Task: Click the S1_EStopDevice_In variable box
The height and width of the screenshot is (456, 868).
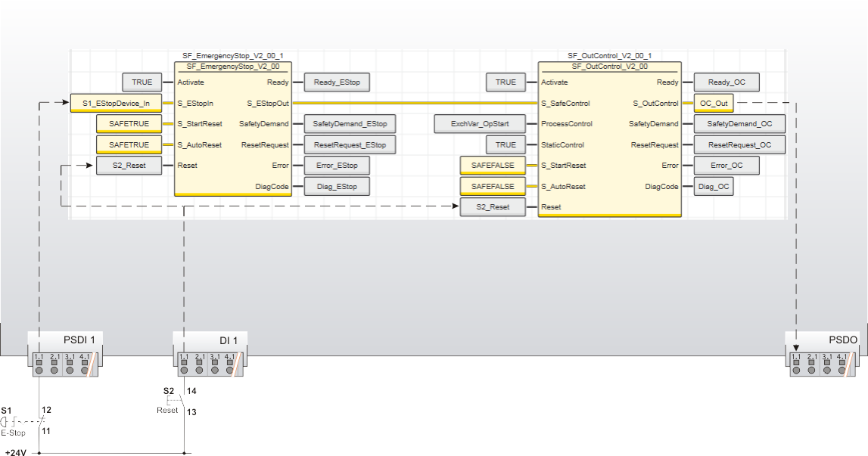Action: pyautogui.click(x=116, y=103)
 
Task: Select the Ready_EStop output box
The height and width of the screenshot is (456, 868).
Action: pyautogui.click(x=337, y=82)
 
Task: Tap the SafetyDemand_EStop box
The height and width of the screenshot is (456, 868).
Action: pyautogui.click(x=350, y=123)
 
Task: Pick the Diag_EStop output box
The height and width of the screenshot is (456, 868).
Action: pyautogui.click(x=337, y=186)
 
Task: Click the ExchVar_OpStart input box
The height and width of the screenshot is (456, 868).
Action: pyautogui.click(x=480, y=123)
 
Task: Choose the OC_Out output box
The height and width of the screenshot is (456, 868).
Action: pyautogui.click(x=714, y=103)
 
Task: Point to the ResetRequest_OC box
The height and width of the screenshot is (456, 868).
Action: pyautogui.click(x=739, y=144)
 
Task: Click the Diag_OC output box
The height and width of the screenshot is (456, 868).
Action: pyautogui.click(x=713, y=186)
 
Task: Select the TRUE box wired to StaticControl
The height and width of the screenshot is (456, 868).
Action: pyautogui.click(x=506, y=144)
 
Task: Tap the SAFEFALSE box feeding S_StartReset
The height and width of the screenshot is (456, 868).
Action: pyautogui.click(x=493, y=165)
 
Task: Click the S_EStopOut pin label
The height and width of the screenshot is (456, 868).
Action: pyautogui.click(x=267, y=103)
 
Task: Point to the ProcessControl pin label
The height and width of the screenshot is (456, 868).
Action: pyautogui.click(x=567, y=123)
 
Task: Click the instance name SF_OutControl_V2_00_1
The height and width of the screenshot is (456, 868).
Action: pyautogui.click(x=609, y=56)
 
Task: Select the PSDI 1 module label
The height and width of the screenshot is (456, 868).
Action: pyautogui.click(x=79, y=340)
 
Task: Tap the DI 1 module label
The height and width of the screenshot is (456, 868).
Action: pyautogui.click(x=229, y=340)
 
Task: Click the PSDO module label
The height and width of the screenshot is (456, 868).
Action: pyautogui.click(x=843, y=340)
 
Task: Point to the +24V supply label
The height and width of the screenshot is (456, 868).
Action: pyautogui.click(x=16, y=452)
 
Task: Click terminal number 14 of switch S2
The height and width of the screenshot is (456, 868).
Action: pyautogui.click(x=191, y=391)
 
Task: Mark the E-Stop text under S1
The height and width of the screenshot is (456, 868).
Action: pyautogui.click(x=13, y=433)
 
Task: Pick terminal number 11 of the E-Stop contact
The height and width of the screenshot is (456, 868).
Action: pyautogui.click(x=46, y=430)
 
